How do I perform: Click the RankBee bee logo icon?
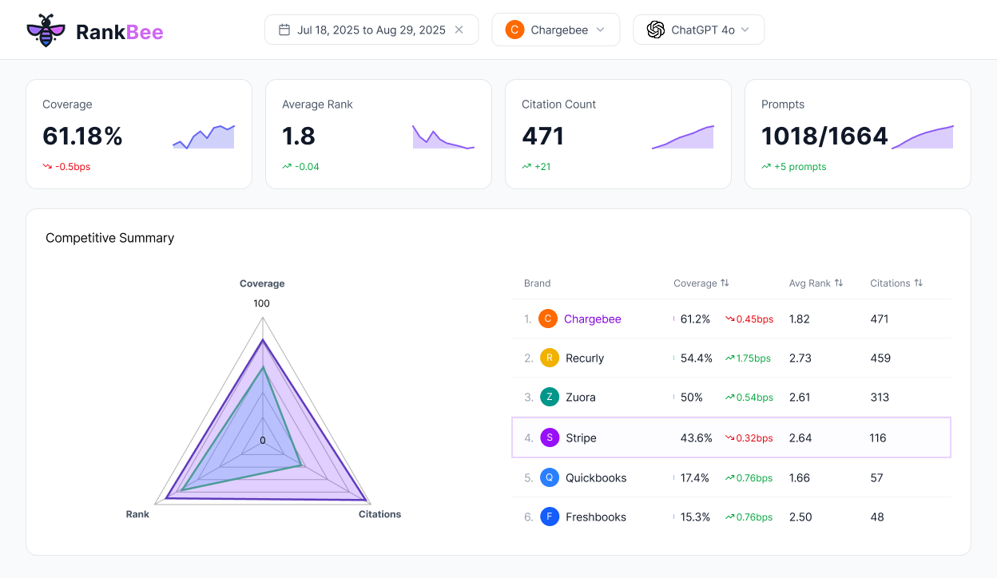(45, 30)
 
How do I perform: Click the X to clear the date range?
(459, 30)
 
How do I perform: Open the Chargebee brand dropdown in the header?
(556, 30)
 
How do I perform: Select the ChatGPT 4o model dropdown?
(699, 30)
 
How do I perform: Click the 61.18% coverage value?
(82, 137)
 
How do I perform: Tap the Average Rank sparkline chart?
(443, 137)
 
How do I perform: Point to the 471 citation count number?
(543, 137)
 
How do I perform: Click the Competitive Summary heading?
(109, 238)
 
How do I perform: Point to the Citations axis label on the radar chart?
(379, 514)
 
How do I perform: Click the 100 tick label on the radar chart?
(261, 303)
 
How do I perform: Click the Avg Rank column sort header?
(816, 283)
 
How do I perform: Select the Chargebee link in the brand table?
(592, 319)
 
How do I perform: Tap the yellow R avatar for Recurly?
(549, 358)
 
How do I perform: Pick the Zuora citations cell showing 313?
(880, 398)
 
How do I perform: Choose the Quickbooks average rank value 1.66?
(800, 478)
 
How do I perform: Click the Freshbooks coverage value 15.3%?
(695, 517)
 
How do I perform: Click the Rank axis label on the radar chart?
(137, 514)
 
